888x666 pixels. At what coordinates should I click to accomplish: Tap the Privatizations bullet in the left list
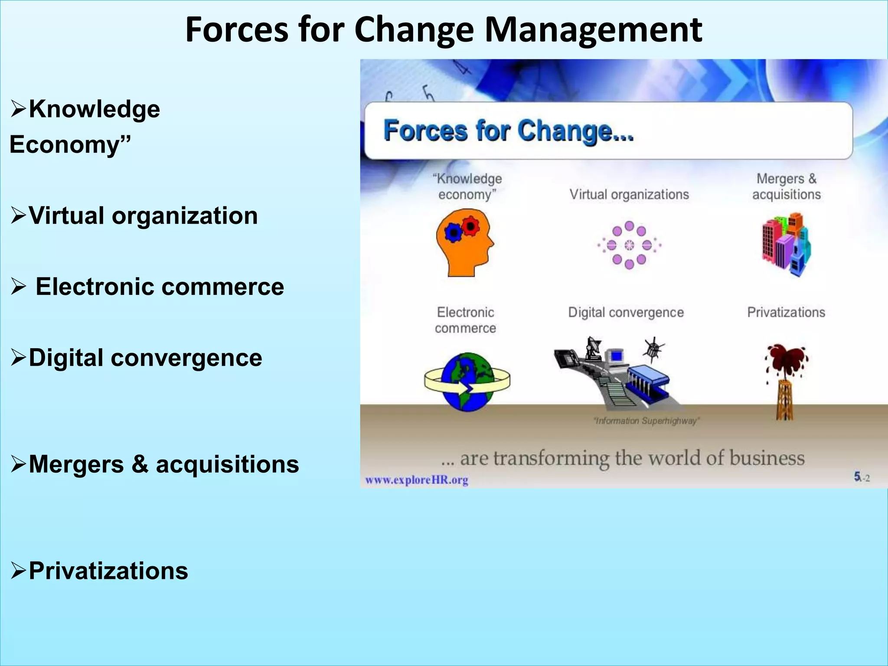[x=108, y=571]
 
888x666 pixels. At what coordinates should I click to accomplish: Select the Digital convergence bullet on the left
[x=145, y=358]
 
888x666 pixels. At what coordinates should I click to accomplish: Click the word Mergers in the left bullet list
[x=76, y=464]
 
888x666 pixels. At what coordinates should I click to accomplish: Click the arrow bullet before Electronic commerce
[x=19, y=287]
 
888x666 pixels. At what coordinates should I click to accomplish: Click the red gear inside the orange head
[x=470, y=225]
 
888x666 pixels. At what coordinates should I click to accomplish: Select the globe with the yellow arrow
[x=467, y=382]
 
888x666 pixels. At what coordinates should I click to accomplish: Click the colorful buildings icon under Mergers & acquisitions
[x=786, y=245]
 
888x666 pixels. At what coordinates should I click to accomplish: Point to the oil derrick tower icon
[x=785, y=399]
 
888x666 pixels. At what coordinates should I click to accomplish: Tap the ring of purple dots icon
[x=629, y=245]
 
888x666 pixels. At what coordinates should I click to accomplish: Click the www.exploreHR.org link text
[x=417, y=480]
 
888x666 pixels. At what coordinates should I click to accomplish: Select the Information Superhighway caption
[x=646, y=421]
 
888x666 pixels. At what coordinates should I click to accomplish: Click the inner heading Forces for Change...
[x=508, y=131]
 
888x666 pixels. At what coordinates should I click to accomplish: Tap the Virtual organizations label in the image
[x=629, y=195]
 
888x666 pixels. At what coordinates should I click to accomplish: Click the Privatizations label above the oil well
[x=786, y=312]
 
